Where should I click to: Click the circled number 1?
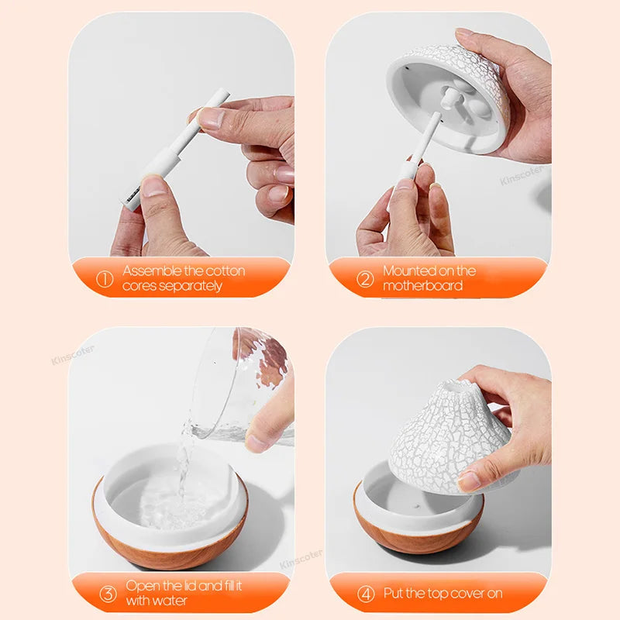point(105,279)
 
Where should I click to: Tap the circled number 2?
point(365,279)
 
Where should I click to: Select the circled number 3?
point(108,594)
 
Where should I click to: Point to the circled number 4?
point(365,594)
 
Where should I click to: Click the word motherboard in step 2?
point(422,286)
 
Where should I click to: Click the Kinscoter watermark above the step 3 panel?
point(74,356)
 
